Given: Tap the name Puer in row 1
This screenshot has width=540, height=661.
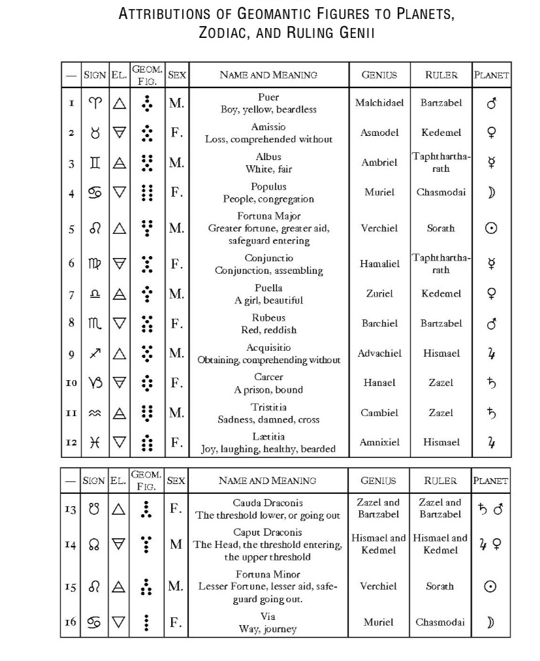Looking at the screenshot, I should click(x=268, y=97).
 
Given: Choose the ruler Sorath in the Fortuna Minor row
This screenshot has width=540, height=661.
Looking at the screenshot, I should click(x=440, y=587).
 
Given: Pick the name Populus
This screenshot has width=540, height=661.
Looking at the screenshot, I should click(x=268, y=186).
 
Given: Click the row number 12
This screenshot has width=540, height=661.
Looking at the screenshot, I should click(x=71, y=443).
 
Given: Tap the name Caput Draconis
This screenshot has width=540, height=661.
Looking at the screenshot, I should click(x=268, y=533).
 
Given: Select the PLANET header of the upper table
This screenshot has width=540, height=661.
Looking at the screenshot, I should click(x=492, y=75).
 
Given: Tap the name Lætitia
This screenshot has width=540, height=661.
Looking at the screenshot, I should click(x=268, y=436).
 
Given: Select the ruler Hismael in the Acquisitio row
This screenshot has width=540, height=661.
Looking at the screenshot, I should click(x=441, y=353).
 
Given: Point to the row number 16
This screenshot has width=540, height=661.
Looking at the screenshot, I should click(x=71, y=622).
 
